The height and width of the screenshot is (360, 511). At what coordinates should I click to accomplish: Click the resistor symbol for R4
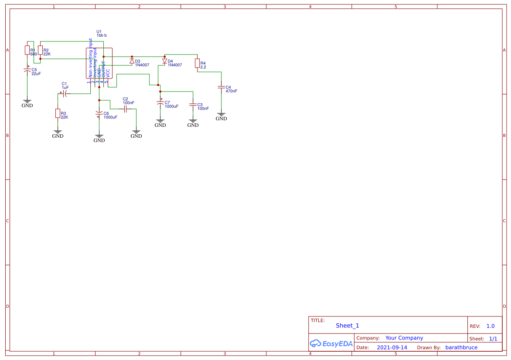(197, 63)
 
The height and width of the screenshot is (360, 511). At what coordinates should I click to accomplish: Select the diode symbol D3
(132, 61)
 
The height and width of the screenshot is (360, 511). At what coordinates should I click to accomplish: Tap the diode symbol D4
(164, 61)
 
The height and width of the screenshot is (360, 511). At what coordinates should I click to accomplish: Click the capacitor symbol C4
(221, 88)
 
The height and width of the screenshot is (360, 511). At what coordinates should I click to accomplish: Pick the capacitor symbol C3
(193, 105)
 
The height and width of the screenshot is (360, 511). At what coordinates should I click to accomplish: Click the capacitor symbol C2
(125, 109)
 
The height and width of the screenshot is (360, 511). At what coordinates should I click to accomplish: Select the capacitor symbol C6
(99, 115)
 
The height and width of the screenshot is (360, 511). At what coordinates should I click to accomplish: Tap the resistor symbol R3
(58, 113)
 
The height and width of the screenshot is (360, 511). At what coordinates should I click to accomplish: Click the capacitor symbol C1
(64, 93)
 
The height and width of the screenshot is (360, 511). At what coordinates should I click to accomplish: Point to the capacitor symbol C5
(27, 70)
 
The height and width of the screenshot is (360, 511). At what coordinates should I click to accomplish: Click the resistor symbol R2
(40, 50)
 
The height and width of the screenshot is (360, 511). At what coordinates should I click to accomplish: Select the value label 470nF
(232, 91)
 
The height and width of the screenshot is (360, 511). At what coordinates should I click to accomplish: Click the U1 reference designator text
(99, 31)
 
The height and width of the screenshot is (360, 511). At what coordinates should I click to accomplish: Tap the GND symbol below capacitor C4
(221, 117)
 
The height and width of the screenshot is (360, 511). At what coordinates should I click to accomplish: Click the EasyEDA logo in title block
(331, 343)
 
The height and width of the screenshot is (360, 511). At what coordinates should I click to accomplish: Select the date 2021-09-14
(392, 347)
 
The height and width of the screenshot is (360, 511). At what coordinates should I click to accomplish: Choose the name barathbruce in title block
(461, 347)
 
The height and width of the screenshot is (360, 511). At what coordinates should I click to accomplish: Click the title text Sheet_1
(347, 326)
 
